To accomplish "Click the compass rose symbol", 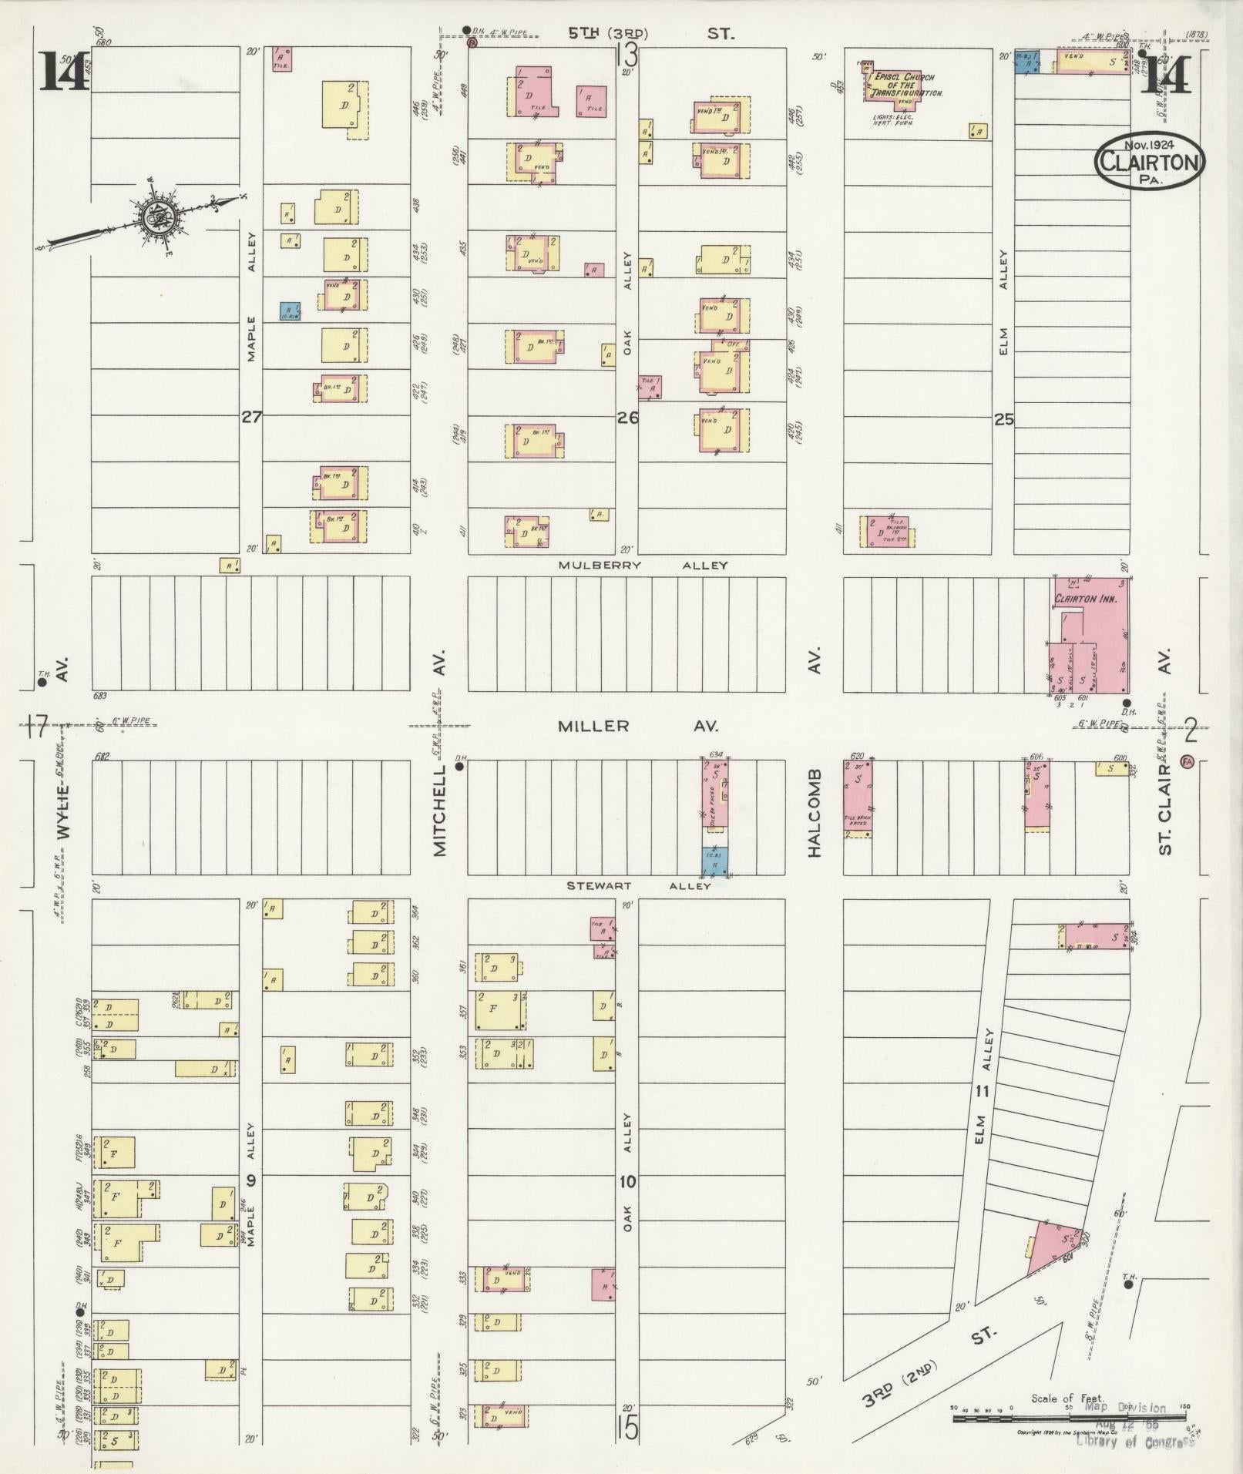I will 160,218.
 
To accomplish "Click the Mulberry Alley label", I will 643,566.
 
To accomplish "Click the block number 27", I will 251,418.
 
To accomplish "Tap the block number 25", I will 1003,420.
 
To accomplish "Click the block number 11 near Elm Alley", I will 981,1090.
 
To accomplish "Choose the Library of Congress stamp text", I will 1135,1441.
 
